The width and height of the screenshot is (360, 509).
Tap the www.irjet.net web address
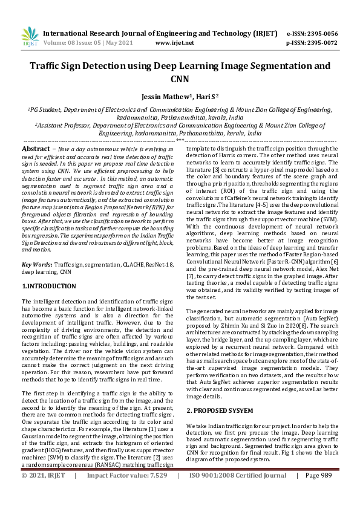(175, 43)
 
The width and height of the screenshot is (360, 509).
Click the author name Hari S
(206, 96)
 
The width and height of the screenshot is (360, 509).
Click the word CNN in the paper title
(180, 79)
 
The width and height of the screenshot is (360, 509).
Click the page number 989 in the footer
(326, 492)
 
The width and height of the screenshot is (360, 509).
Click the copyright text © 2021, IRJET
(43, 492)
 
